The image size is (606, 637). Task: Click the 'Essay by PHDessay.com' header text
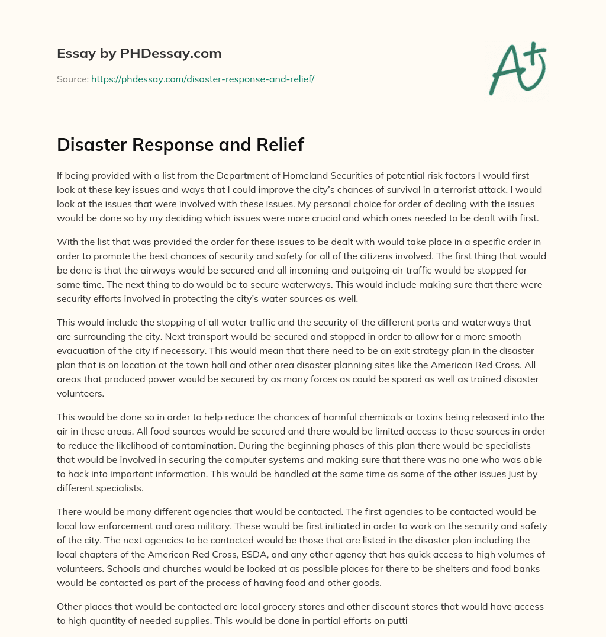(139, 54)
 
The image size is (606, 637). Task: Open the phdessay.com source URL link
(202, 79)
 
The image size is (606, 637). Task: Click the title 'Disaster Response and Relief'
(180, 145)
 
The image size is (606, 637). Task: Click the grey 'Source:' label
(72, 79)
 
